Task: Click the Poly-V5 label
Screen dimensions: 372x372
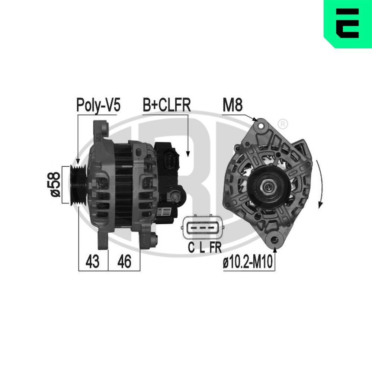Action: click(98, 105)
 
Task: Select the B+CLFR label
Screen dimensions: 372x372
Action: click(166, 105)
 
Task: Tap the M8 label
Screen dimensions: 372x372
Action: click(232, 105)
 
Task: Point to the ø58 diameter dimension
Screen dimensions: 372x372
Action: click(55, 184)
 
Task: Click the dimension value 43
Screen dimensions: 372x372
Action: click(93, 262)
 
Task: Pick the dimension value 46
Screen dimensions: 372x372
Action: click(124, 262)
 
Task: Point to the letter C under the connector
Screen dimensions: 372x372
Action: click(191, 248)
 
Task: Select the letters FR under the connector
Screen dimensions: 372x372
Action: click(215, 248)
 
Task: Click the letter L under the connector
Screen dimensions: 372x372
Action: click(202, 248)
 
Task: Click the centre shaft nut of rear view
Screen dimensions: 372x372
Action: click(267, 185)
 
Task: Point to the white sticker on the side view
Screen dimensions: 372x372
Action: click(166, 213)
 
